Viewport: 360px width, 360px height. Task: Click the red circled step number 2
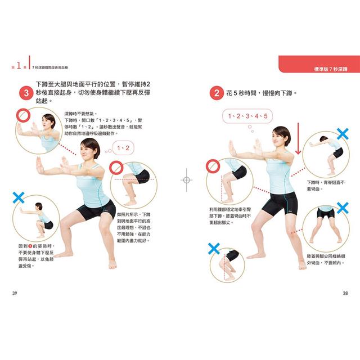(216, 92)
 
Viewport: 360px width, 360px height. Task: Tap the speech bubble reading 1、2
(123, 148)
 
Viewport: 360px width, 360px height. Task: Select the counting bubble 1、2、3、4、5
(247, 116)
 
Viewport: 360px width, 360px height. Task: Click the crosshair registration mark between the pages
(186, 180)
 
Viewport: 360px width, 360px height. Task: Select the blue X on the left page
(19, 197)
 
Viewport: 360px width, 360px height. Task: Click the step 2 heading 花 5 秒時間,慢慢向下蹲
(262, 93)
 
